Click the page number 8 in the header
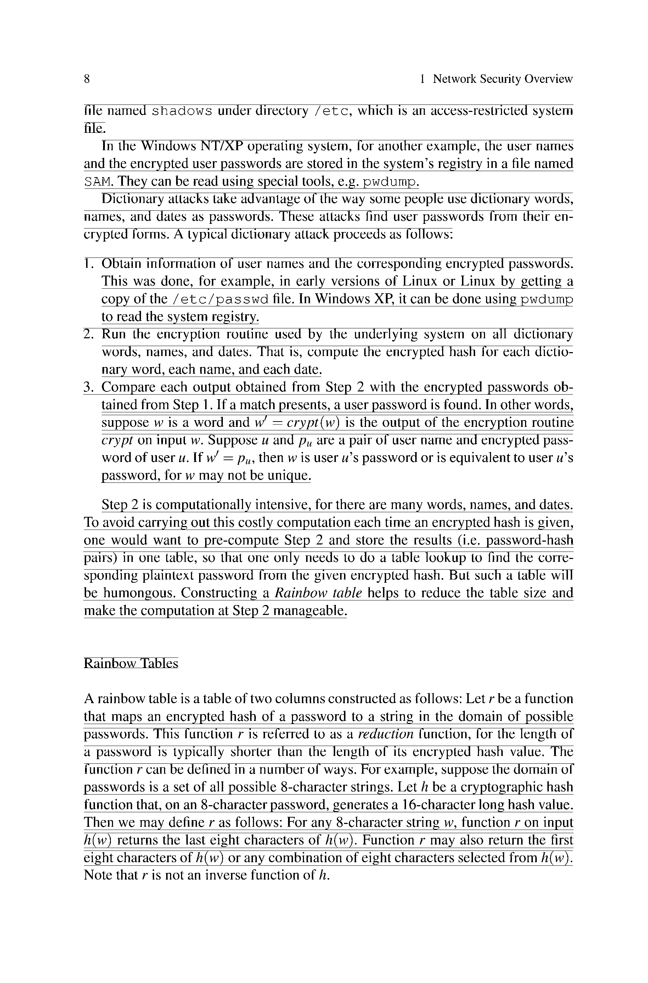87,79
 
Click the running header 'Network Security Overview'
502,79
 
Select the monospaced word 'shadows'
182,112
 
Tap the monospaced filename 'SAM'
98,182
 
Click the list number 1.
87,264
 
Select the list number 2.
87,334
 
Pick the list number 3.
87,387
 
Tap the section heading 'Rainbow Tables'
131,663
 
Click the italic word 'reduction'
385,734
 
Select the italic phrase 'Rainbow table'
318,593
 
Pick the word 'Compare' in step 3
129,387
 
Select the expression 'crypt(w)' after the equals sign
313,423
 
